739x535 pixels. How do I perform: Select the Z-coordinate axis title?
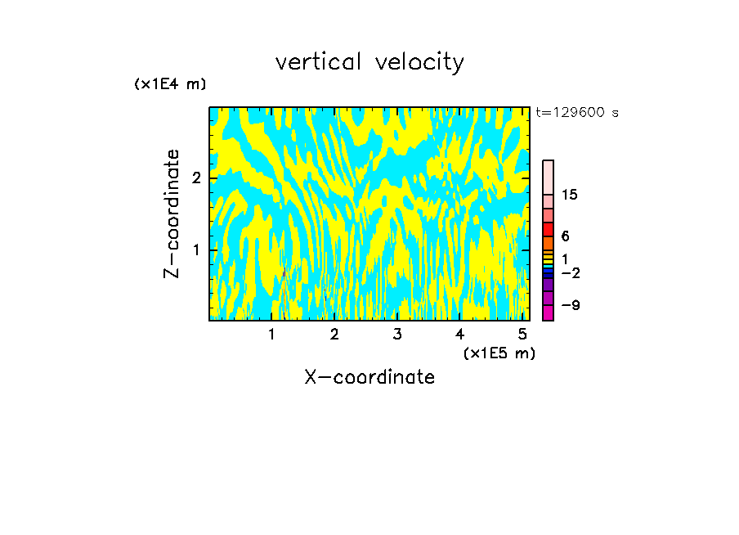pyautogui.click(x=172, y=214)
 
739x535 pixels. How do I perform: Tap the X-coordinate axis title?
pyautogui.click(x=369, y=377)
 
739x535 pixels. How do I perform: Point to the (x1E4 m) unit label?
pyautogui.click(x=170, y=84)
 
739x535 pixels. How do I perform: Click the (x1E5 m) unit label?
pyautogui.click(x=499, y=353)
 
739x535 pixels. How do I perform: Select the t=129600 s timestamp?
pyautogui.click(x=576, y=113)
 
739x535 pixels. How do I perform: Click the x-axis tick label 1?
pyautogui.click(x=271, y=334)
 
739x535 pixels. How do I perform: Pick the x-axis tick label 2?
pyautogui.click(x=334, y=334)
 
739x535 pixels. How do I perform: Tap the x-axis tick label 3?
pyautogui.click(x=396, y=334)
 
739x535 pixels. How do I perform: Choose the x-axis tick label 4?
pyautogui.click(x=459, y=334)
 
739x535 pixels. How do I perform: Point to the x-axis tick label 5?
pyautogui.click(x=522, y=334)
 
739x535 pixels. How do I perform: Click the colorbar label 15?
pyautogui.click(x=570, y=195)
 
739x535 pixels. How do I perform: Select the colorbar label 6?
pyautogui.click(x=565, y=236)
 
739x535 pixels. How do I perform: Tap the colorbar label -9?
pyautogui.click(x=570, y=305)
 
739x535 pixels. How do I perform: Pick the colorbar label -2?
pyautogui.click(x=570, y=272)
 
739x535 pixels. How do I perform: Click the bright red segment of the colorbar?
pyautogui.click(x=548, y=229)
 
